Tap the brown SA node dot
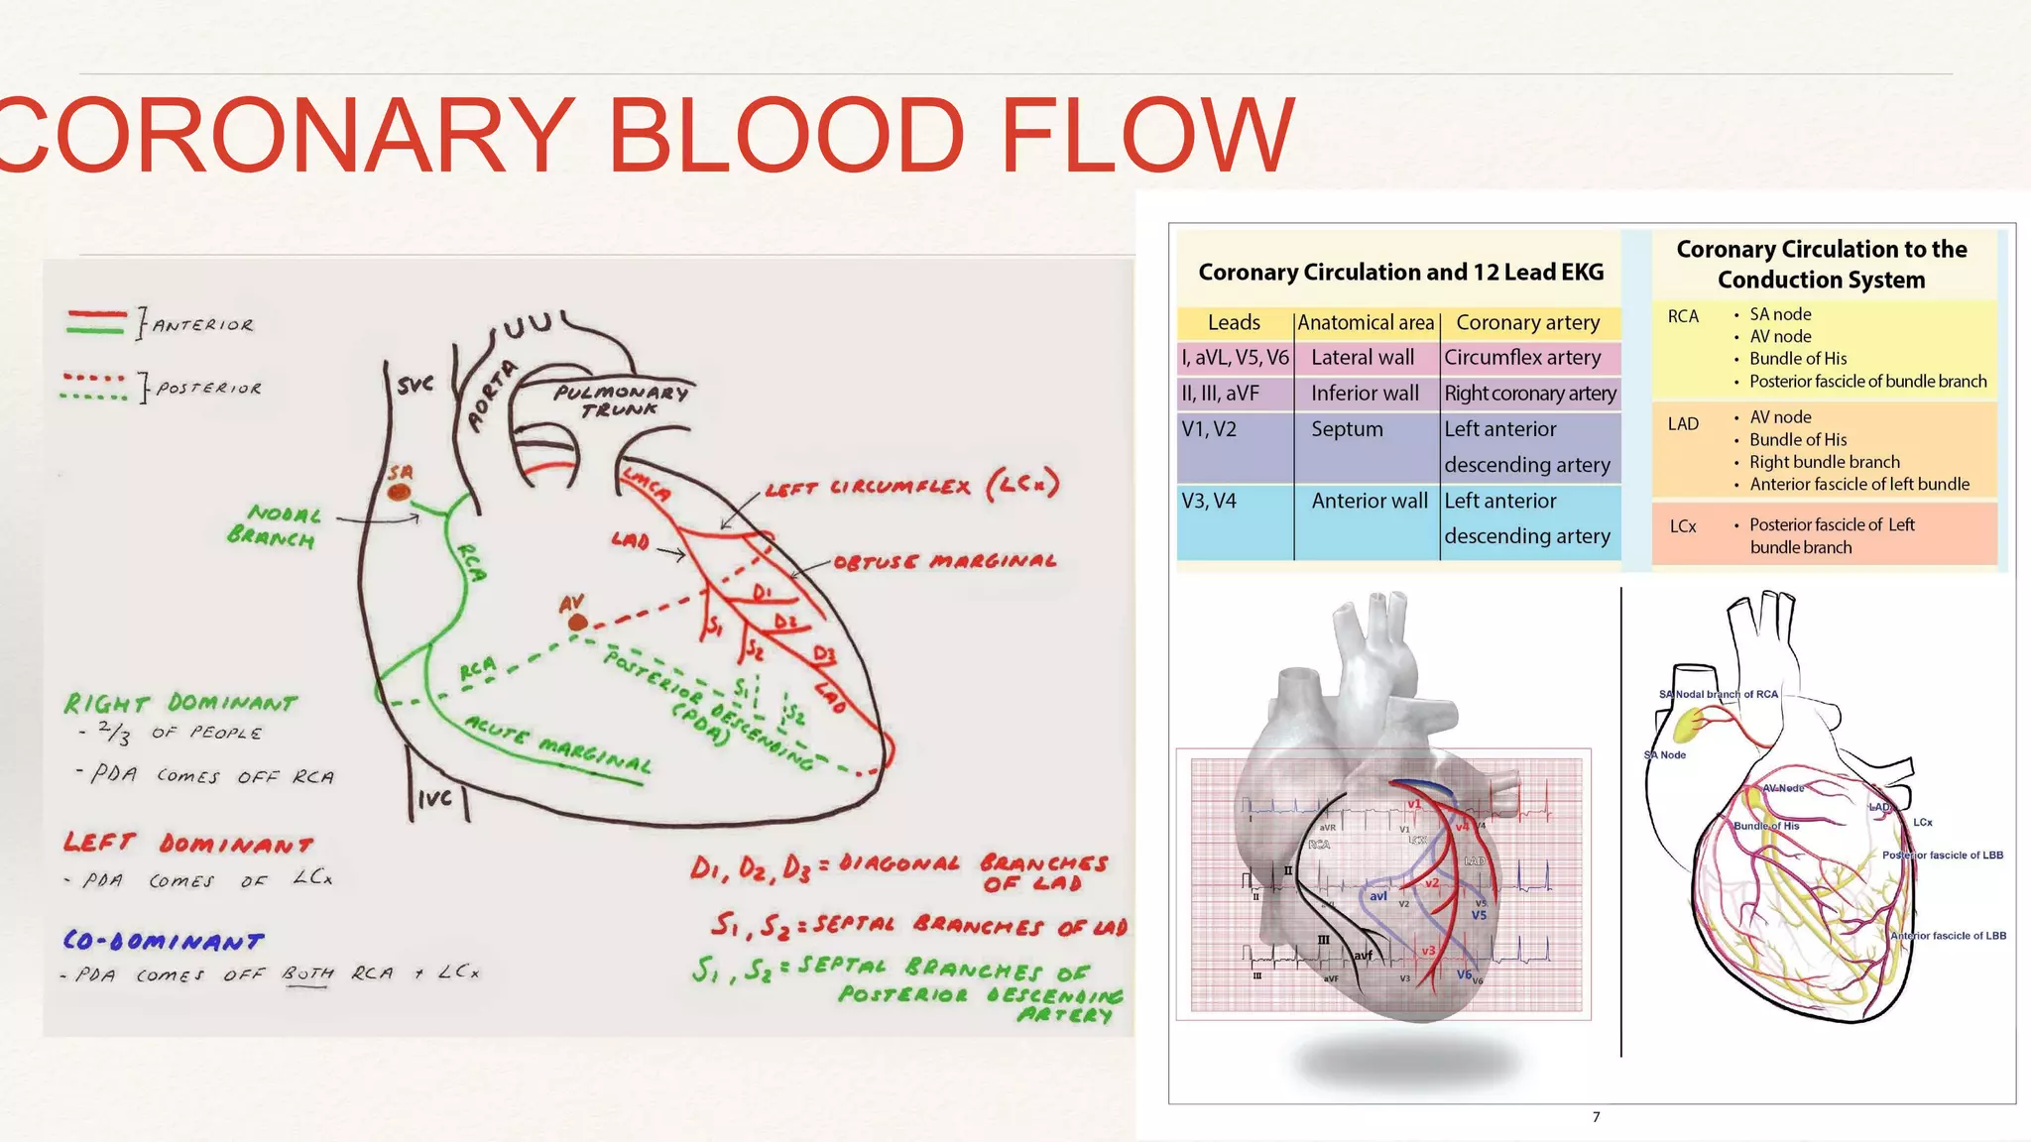coord(399,492)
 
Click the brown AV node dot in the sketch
coord(576,623)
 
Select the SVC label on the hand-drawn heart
coord(415,384)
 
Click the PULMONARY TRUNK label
coord(621,400)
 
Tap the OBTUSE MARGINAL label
coord(944,562)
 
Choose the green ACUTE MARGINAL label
coord(557,744)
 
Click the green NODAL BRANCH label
coord(274,525)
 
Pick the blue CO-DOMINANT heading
coord(164,941)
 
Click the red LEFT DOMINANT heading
coord(188,844)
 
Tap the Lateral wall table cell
coord(1363,358)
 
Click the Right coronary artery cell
coord(1529,394)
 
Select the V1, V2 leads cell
coord(1209,429)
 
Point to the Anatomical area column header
coord(1366,323)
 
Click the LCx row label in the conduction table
coord(1682,526)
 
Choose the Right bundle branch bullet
coord(1824,462)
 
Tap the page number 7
coord(1596,1117)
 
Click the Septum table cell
coord(1347,429)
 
